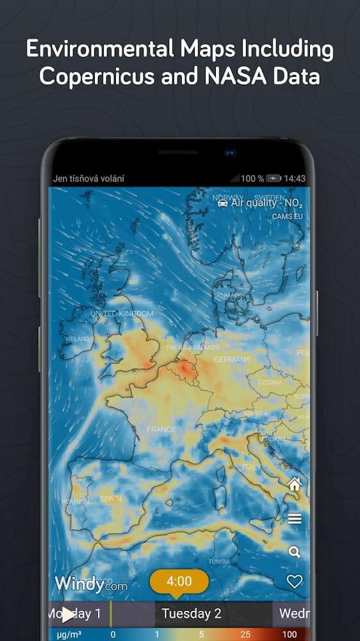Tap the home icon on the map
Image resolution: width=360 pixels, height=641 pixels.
(x=294, y=485)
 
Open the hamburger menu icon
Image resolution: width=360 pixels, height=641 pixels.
(x=295, y=519)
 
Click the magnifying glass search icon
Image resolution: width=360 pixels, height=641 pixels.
(x=295, y=552)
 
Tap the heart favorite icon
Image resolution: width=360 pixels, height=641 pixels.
(x=294, y=581)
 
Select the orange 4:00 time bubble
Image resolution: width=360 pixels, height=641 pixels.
(x=179, y=581)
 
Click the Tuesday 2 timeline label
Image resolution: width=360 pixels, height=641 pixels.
(x=192, y=613)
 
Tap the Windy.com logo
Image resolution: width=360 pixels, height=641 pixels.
(x=90, y=584)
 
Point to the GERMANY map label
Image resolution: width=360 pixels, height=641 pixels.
(x=232, y=360)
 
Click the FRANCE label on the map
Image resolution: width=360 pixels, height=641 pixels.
(x=161, y=429)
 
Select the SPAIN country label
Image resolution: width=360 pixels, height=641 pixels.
(x=111, y=499)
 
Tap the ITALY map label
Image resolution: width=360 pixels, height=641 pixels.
(x=251, y=467)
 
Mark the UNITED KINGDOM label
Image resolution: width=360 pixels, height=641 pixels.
(x=122, y=313)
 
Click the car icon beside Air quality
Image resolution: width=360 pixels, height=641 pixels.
(x=222, y=203)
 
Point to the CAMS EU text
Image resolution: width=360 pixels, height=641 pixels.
(x=287, y=217)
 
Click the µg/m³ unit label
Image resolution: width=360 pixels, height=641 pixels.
(x=65, y=634)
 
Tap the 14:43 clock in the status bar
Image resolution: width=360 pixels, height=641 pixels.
(x=295, y=179)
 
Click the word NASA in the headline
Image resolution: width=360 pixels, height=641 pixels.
(x=242, y=76)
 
